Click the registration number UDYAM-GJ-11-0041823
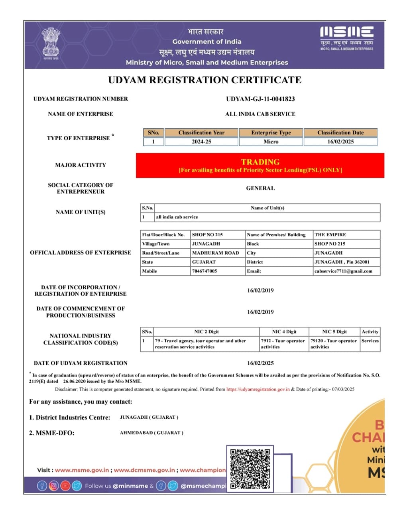(260, 99)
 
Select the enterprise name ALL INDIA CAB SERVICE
(260, 114)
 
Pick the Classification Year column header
(201, 133)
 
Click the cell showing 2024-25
(201, 141)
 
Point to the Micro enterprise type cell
(271, 141)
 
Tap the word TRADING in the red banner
(260, 162)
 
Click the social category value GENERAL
(260, 188)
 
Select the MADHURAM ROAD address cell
(216, 253)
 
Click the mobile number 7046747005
(204, 271)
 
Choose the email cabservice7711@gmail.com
(343, 271)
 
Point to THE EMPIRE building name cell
(330, 235)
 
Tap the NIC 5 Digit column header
(334, 331)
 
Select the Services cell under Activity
(370, 341)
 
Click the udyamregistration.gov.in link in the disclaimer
(258, 389)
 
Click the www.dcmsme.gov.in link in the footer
(144, 470)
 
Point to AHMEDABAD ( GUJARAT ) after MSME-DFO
(151, 433)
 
